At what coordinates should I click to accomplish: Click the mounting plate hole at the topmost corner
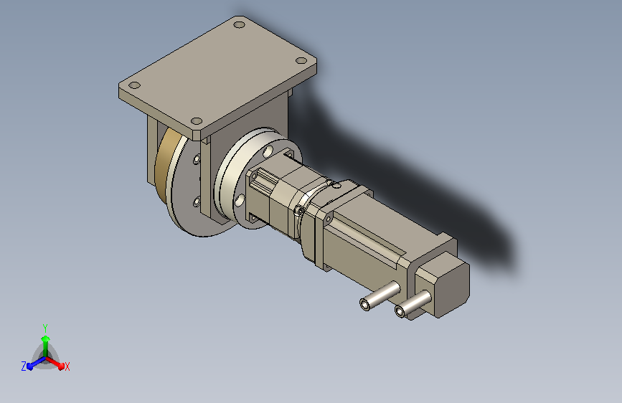click(x=239, y=24)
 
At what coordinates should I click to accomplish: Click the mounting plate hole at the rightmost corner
click(x=301, y=61)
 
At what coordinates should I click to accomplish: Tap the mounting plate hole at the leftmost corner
click(x=135, y=85)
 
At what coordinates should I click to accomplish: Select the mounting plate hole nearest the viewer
click(x=197, y=121)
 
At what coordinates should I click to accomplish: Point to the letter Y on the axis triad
click(x=45, y=328)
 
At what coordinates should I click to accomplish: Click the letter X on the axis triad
click(x=67, y=367)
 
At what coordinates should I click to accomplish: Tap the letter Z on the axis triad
click(x=24, y=366)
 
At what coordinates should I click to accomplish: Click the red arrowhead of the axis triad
click(x=60, y=366)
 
